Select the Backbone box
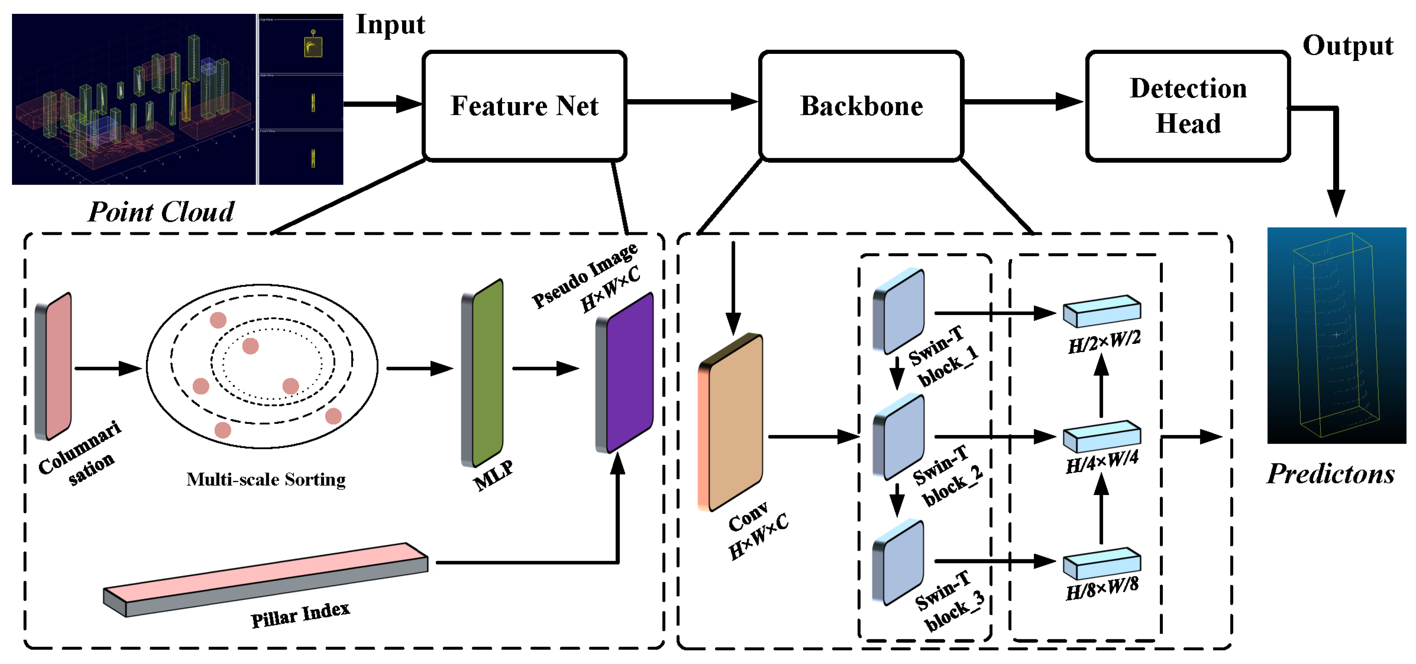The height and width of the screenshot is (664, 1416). pyautogui.click(x=861, y=105)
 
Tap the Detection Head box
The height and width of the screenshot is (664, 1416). pyautogui.click(x=1187, y=105)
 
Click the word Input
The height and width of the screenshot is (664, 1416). pyautogui.click(x=390, y=25)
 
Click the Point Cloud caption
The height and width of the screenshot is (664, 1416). pyautogui.click(x=161, y=211)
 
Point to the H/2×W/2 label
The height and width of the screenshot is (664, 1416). pyautogui.click(x=1104, y=343)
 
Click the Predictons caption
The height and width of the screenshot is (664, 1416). pyautogui.click(x=1330, y=474)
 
